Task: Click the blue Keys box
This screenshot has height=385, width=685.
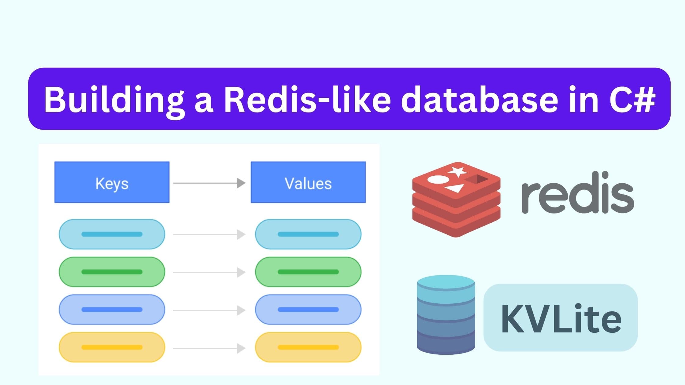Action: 112,182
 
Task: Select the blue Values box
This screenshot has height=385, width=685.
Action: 308,182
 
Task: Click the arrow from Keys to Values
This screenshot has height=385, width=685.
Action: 209,183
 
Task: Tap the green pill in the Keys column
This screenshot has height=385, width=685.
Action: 112,272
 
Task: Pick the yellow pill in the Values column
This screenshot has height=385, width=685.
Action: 308,347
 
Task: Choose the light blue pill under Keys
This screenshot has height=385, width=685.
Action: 112,234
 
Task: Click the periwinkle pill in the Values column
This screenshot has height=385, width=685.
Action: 308,310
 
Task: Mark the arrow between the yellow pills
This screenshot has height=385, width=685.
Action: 209,348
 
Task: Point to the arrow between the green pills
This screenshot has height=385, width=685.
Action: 209,273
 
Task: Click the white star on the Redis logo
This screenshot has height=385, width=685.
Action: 457,172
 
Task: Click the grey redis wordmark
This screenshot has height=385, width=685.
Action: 578,193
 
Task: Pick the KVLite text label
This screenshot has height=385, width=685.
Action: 561,318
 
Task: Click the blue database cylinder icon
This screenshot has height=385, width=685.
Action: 446,315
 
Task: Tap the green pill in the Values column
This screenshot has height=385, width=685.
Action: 308,272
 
